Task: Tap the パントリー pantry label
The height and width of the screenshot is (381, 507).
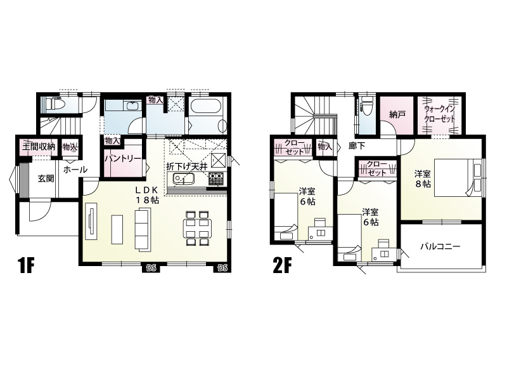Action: coord(123,158)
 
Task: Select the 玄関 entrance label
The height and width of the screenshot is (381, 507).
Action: coord(46,178)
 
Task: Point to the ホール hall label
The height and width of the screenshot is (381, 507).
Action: coord(75,170)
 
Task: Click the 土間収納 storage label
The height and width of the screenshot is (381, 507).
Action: coord(39,146)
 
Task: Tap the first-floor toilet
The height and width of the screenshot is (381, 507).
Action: coord(55,104)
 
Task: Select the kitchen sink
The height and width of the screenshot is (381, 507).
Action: coord(183,179)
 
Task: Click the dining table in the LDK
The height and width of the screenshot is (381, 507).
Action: coord(197,228)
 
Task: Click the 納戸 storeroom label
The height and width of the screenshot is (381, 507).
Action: coord(397,114)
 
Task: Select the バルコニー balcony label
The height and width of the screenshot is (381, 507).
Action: coord(440,247)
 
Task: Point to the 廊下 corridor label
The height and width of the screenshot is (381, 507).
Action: coord(357,146)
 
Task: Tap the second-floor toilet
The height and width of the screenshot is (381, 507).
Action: coord(367,106)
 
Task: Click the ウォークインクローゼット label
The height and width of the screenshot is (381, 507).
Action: coord(440,114)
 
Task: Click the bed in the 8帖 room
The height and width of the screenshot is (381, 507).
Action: coord(458,177)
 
